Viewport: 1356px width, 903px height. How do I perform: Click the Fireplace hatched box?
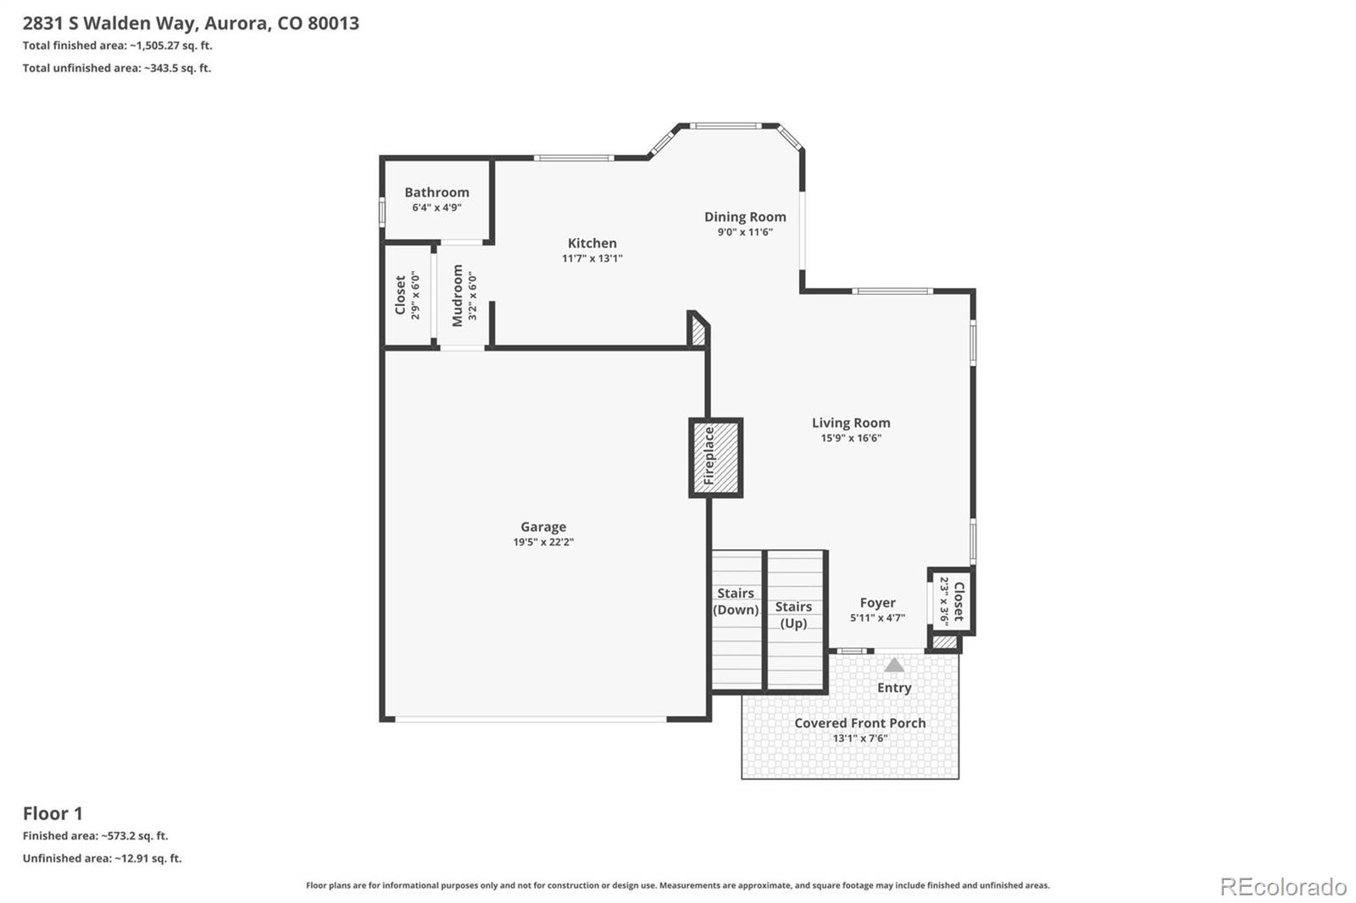[715, 457]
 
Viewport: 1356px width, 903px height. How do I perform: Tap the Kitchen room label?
[592, 243]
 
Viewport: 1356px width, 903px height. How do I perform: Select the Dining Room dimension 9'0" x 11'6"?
[745, 232]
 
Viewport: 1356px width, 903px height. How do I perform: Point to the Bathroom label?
[436, 192]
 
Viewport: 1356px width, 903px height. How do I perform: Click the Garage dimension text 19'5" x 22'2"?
[543, 541]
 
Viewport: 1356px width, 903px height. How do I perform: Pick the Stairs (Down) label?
[736, 601]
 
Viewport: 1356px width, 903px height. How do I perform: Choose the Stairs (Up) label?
[793, 615]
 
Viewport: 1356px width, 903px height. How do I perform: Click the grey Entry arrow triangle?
[894, 665]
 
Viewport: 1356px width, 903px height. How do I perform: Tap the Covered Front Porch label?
[859, 723]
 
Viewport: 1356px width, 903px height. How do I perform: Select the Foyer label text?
[878, 603]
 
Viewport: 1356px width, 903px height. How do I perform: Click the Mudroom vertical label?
[457, 296]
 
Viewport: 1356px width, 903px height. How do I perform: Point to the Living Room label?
[851, 423]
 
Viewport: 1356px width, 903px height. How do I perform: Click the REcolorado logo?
[1283, 887]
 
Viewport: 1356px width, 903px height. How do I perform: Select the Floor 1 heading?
[53, 813]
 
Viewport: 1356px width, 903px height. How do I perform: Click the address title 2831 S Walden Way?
[109, 23]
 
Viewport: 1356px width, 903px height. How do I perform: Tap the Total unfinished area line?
[117, 68]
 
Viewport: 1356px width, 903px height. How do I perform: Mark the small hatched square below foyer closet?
[944, 642]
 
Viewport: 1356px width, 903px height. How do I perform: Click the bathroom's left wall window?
[382, 213]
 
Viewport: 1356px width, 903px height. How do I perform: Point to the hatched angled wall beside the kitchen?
[698, 330]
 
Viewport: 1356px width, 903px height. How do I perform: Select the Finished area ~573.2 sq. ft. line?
[96, 836]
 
